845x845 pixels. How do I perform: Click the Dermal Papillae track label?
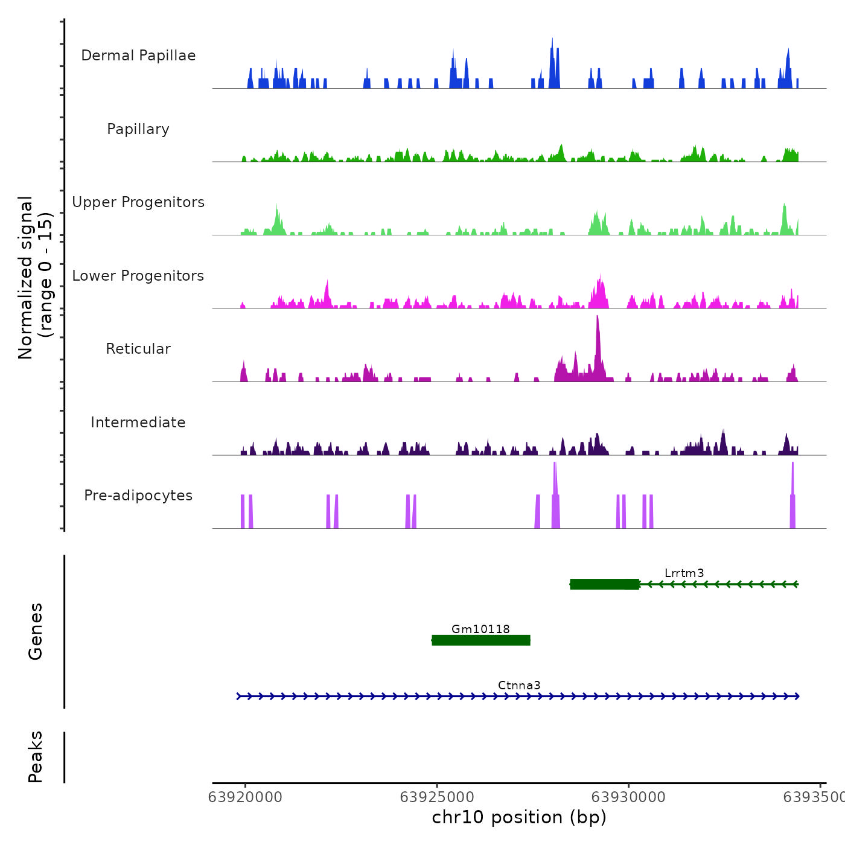point(138,56)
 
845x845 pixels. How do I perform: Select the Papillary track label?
point(138,129)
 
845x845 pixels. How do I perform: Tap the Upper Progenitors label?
point(138,202)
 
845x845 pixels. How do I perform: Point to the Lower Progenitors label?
point(138,276)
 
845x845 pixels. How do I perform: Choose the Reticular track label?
point(138,349)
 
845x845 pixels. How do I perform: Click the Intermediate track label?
point(138,422)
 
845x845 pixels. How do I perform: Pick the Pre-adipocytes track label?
point(138,496)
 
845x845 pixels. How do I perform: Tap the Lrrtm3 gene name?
point(684,573)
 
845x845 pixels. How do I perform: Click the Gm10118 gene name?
point(480,629)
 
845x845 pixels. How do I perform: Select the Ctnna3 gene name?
point(519,685)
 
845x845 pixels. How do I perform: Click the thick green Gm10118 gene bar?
point(481,640)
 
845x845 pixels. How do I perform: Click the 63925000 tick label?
point(437,797)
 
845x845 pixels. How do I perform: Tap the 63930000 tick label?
point(628,797)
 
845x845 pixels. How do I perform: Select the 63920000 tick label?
point(245,797)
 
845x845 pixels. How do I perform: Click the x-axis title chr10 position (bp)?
point(519,817)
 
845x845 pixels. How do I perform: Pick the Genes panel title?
point(36,631)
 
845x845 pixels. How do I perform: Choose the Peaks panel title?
point(36,757)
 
